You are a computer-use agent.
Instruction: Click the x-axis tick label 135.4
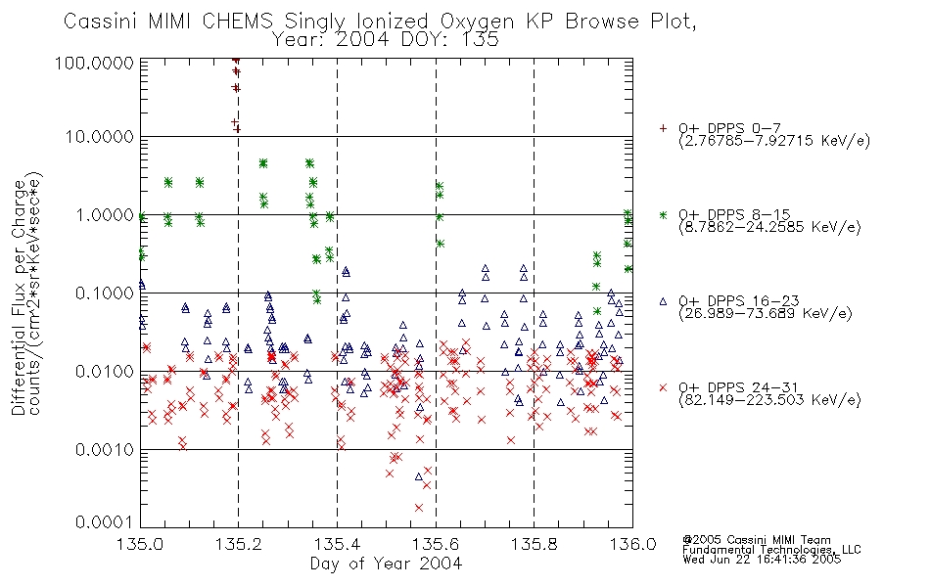[x=337, y=544]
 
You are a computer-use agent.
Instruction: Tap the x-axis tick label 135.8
[x=534, y=544]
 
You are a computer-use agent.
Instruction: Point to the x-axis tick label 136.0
[x=632, y=544]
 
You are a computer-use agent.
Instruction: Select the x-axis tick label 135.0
[x=140, y=544]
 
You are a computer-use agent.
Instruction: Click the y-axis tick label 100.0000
[x=94, y=63]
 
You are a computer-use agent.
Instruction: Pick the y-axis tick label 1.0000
[x=105, y=214]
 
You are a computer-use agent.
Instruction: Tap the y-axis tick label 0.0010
[x=105, y=449]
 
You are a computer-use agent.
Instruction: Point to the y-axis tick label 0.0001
[x=105, y=522]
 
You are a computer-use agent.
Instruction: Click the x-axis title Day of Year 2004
[x=386, y=564]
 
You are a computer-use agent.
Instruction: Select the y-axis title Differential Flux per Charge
[x=19, y=297]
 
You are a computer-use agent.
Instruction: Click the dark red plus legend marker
[x=663, y=128]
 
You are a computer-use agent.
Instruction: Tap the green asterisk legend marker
[x=663, y=214]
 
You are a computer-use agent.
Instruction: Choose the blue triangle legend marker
[x=663, y=301]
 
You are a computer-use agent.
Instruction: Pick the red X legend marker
[x=663, y=387]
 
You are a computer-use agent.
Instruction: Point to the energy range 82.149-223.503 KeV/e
[x=769, y=400]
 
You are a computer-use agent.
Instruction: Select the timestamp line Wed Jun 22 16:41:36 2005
[x=762, y=560]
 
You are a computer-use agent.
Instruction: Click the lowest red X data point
[x=419, y=508]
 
